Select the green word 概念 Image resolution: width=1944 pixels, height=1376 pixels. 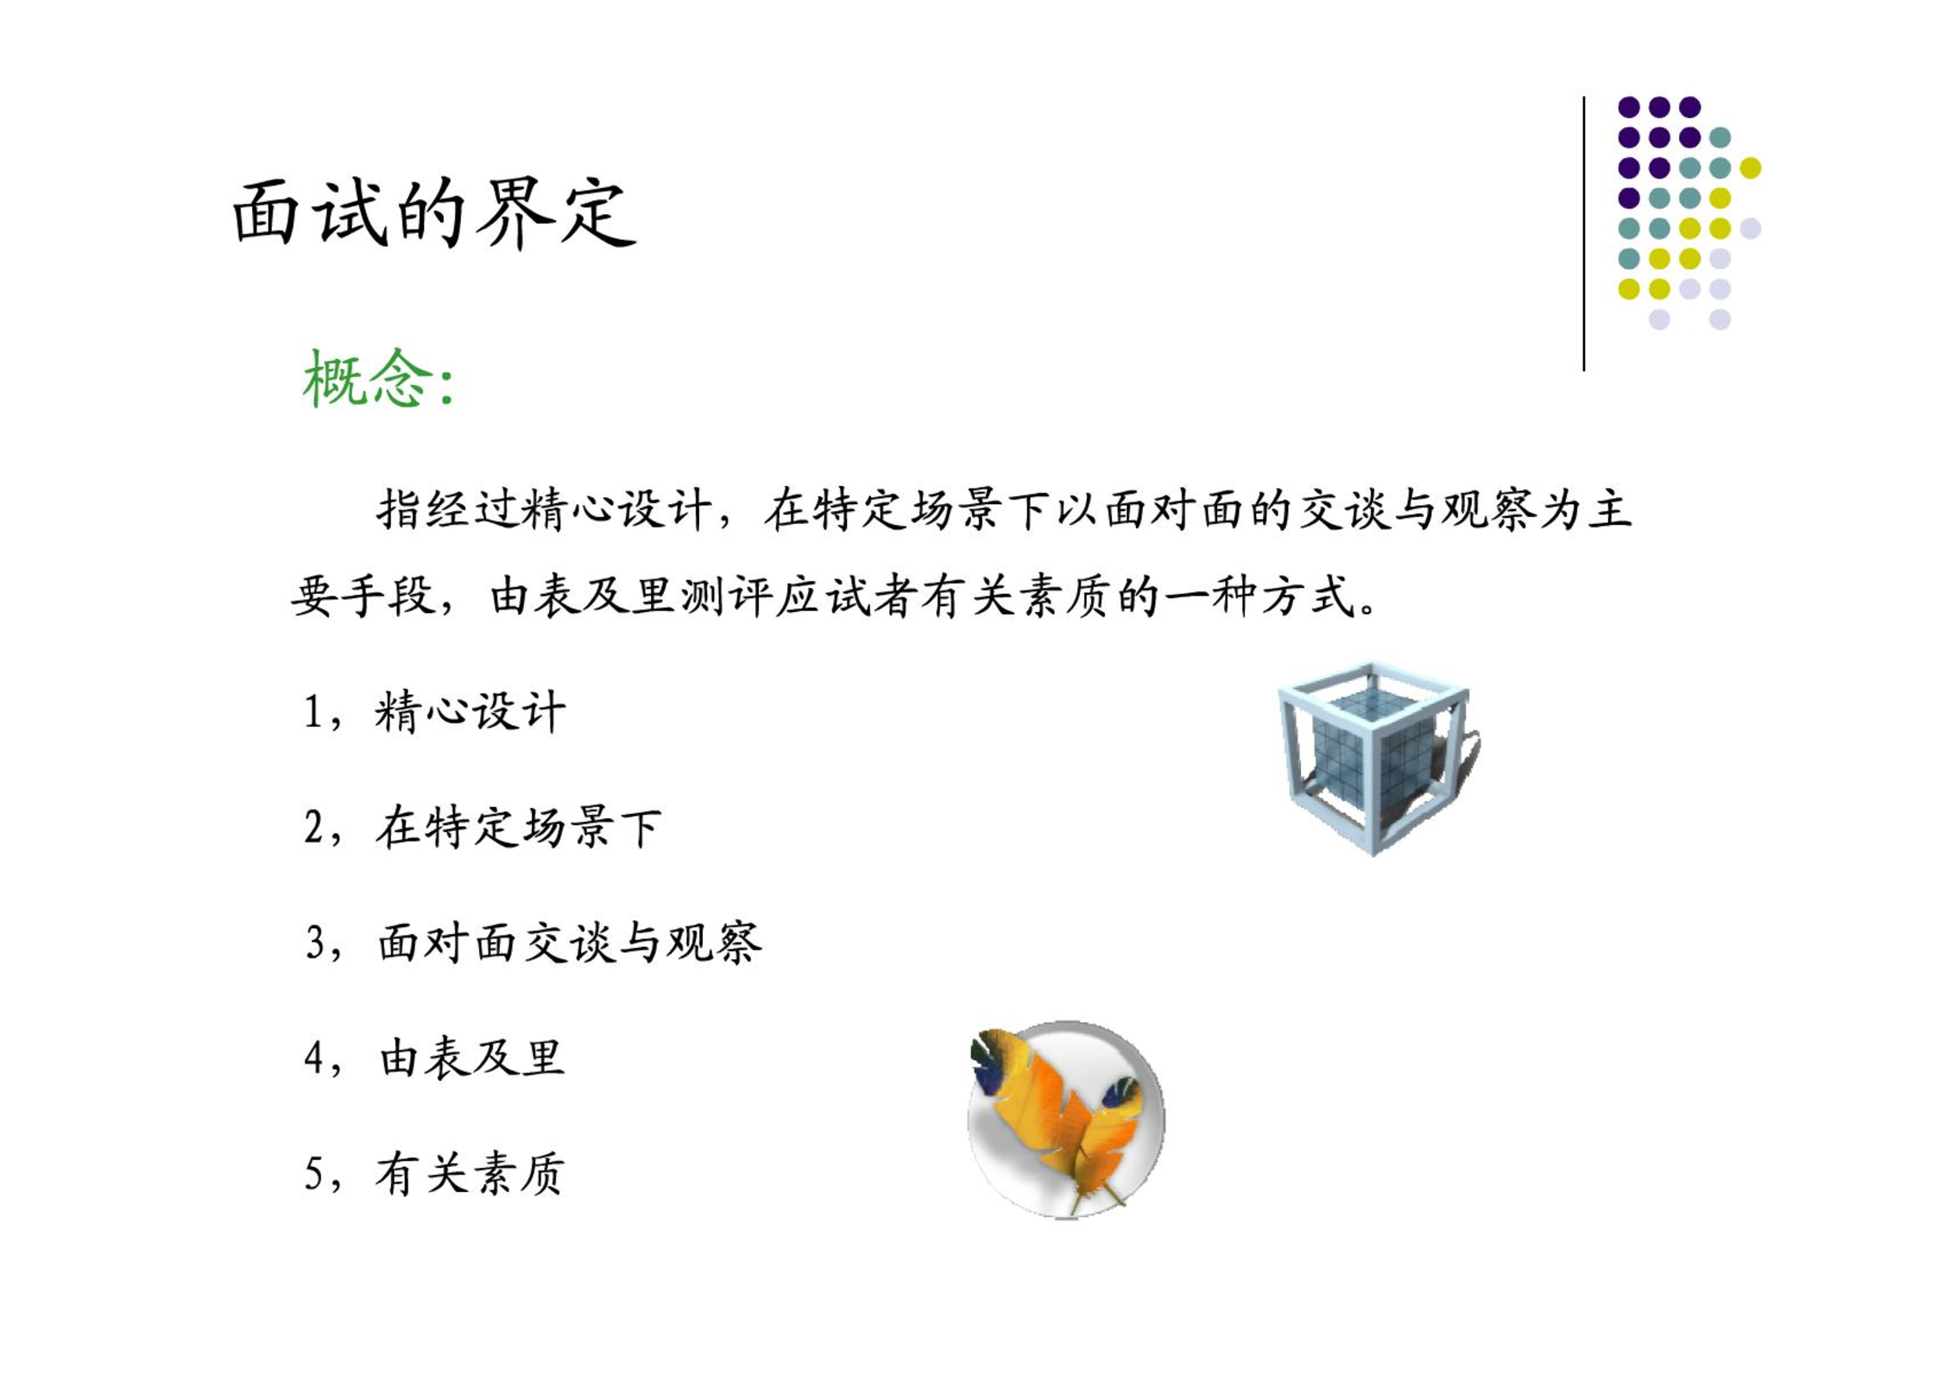[368, 378]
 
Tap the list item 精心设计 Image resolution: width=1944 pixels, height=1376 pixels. [470, 712]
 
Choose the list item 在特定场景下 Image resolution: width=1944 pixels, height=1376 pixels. [519, 827]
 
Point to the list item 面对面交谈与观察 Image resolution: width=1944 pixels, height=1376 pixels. [571, 942]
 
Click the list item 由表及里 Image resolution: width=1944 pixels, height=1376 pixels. [472, 1057]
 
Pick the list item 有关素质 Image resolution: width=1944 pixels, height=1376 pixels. [470, 1173]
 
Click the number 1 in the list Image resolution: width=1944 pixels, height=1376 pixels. [313, 714]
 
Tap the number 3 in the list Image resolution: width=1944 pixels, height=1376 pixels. [315, 943]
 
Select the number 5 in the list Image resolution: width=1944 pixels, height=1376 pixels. [314, 1174]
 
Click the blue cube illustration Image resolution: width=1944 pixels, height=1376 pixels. [1379, 759]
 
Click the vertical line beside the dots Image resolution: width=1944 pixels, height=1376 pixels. [1584, 234]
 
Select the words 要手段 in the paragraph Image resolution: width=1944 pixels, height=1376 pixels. [364, 596]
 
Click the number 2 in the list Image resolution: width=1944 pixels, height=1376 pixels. [314, 828]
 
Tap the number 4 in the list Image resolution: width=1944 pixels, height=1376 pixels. [314, 1058]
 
